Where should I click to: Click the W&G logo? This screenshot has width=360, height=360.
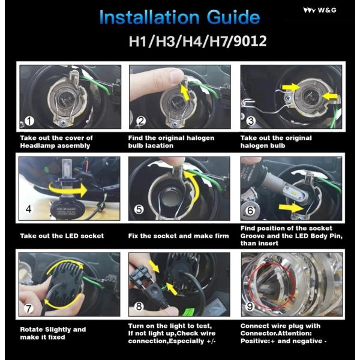(320, 10)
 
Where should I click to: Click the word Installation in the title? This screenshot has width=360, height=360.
(149, 17)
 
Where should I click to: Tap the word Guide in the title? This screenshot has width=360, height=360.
(233, 17)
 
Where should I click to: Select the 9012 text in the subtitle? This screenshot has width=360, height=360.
(250, 41)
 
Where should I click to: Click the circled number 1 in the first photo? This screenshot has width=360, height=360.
(29, 121)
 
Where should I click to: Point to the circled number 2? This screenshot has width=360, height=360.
(141, 121)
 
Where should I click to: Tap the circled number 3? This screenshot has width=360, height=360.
(251, 121)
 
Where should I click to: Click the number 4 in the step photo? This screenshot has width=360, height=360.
(29, 209)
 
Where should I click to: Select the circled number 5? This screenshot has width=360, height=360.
(139, 209)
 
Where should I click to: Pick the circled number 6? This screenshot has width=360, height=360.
(250, 211)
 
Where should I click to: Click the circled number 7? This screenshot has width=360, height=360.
(29, 308)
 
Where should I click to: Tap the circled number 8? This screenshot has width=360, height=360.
(139, 307)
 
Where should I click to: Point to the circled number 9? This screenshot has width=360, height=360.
(250, 307)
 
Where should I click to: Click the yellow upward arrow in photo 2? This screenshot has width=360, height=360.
(184, 92)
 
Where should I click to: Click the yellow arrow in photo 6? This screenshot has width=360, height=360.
(291, 208)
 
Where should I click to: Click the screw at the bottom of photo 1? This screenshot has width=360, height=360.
(63, 124)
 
